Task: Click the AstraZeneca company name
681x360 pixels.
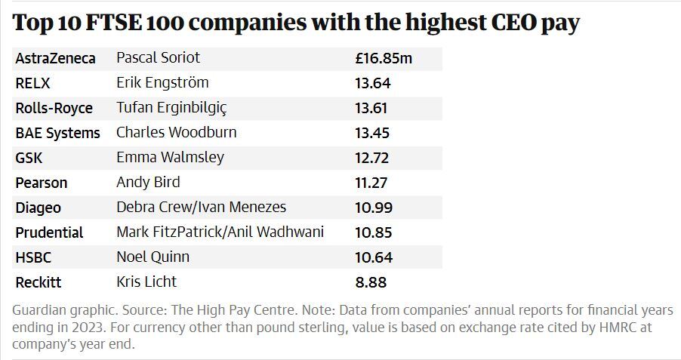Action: point(55,58)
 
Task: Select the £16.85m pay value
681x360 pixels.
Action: point(384,58)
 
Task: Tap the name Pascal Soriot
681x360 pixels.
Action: point(159,58)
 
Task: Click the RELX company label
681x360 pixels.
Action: point(32,83)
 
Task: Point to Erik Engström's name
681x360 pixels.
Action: point(162,83)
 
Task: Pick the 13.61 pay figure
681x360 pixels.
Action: point(373,108)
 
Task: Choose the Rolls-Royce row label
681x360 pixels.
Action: point(54,108)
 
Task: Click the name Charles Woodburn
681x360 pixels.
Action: point(176,133)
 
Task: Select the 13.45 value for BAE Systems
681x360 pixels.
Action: point(373,133)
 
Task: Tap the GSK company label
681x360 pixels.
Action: point(29,158)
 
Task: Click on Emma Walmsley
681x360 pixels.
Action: point(170,158)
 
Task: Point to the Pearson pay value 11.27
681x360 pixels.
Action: point(373,183)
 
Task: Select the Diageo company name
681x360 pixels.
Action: point(38,208)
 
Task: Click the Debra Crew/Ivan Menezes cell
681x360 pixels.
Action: point(201,208)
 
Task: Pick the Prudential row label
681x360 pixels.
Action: point(49,232)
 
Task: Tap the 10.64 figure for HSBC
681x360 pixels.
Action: point(374,257)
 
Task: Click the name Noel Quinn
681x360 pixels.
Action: point(153,257)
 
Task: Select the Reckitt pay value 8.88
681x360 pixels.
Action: point(371,282)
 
